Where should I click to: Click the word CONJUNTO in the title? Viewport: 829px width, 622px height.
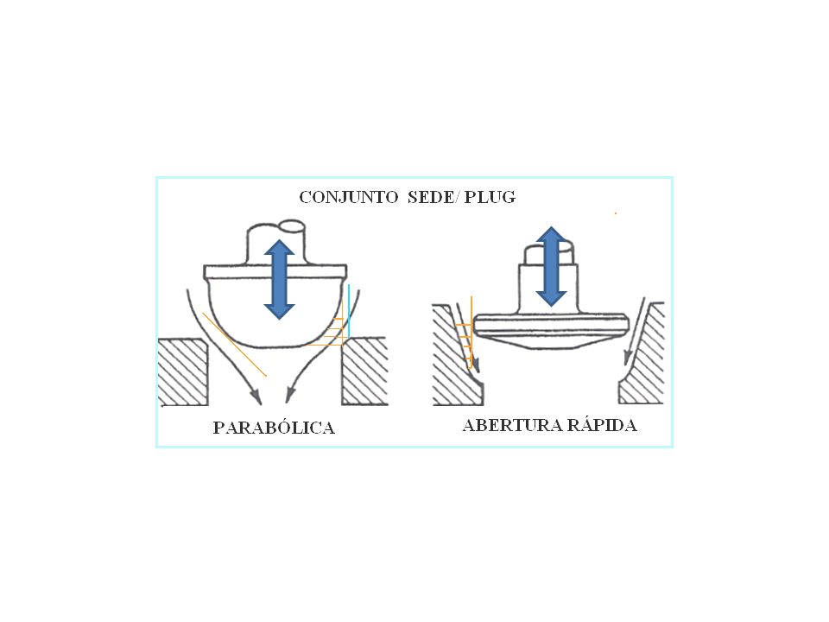348,197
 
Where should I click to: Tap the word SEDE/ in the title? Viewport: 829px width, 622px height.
430,197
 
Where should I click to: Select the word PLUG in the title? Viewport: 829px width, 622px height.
490,197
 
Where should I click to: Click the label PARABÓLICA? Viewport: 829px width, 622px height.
274,428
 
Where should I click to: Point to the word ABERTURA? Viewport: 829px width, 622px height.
512,425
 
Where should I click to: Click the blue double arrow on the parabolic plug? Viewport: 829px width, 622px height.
279,279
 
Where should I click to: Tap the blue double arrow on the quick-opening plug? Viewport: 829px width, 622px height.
552,267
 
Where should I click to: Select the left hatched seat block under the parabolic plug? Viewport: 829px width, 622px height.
183,371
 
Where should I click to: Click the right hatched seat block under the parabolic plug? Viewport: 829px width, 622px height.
364,371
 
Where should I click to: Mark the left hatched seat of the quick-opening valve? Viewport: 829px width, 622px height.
456,355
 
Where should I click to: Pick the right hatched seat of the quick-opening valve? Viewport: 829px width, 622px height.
642,354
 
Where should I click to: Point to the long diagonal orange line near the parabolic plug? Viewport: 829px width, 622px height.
234,345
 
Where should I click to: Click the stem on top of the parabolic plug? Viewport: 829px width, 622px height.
276,243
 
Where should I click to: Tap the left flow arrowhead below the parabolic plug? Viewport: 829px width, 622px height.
256,396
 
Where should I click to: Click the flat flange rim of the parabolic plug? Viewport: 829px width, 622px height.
275,272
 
